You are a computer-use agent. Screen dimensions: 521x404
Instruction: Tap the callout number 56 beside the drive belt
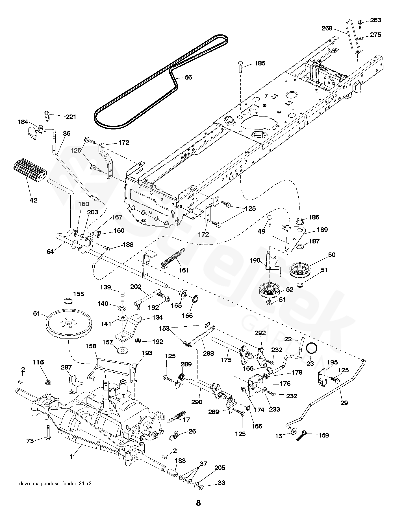tap(188, 77)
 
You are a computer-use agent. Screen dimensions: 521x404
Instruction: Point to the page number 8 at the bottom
tap(198, 502)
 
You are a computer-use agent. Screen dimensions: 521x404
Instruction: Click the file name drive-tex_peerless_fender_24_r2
tap(55, 483)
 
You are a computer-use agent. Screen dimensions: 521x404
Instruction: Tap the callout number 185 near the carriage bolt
tap(260, 63)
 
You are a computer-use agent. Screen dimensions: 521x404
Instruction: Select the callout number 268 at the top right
tap(327, 28)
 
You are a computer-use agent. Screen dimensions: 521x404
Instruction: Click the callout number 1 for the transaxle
tap(71, 457)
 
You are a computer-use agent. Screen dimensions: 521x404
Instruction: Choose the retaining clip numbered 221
tap(47, 115)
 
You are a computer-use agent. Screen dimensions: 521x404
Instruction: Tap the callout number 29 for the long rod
tap(344, 403)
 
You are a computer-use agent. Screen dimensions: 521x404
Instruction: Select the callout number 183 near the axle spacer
tap(180, 461)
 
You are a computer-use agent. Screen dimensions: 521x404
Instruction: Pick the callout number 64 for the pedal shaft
tap(50, 251)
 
